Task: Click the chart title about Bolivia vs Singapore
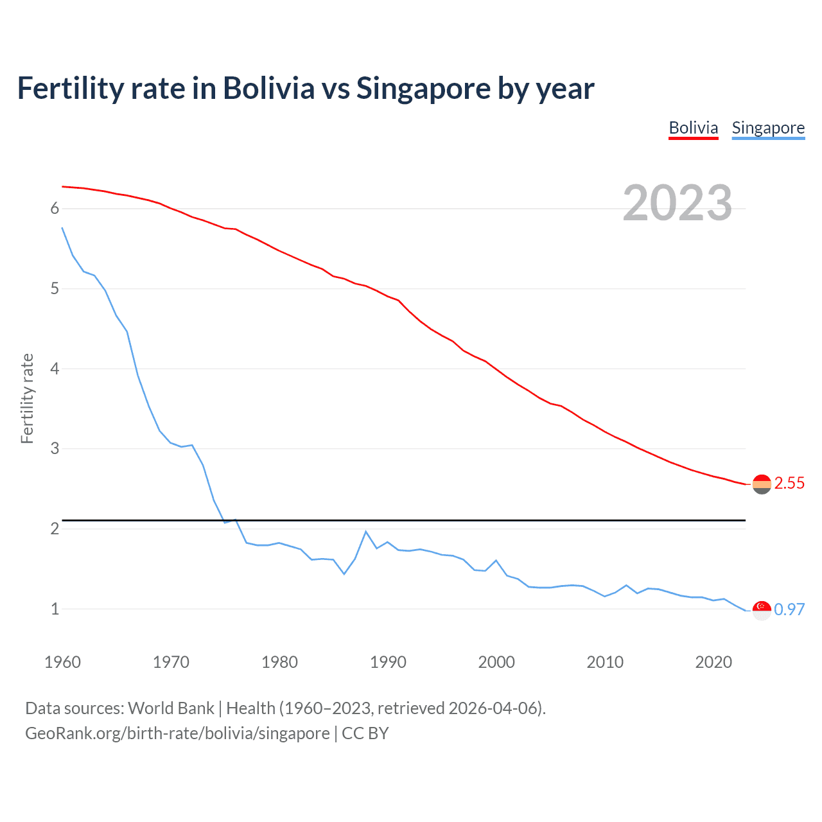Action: [x=306, y=89]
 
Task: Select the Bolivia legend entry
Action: [x=693, y=128]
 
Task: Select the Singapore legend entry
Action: [x=768, y=128]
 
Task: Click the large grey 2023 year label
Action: [x=677, y=203]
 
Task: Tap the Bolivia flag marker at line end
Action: [x=762, y=484]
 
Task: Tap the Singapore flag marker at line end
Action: [x=762, y=610]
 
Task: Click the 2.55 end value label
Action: [x=789, y=484]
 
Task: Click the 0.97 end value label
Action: [x=789, y=609]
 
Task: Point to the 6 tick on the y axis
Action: [x=55, y=209]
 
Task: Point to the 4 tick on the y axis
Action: [x=55, y=369]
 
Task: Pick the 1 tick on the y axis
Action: [x=55, y=609]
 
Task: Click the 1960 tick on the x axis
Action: [x=62, y=662]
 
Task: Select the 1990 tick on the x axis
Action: [x=388, y=662]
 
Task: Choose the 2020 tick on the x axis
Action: [x=713, y=662]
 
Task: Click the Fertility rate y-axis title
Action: [x=27, y=398]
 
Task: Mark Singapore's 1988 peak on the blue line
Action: [x=366, y=532]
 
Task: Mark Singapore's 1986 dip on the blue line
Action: [x=344, y=573]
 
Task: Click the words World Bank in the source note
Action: [x=171, y=708]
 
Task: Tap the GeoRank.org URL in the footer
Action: [x=177, y=733]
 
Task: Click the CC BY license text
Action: [x=365, y=733]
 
